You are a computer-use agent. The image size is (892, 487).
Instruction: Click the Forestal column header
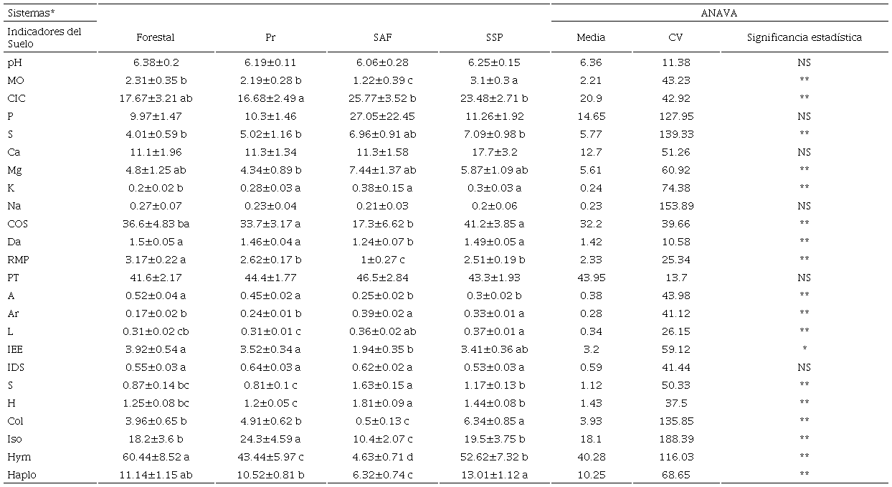156,38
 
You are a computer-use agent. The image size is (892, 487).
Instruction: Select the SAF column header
381,38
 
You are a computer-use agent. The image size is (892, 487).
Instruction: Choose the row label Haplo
20,475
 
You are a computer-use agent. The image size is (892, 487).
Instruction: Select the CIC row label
16,98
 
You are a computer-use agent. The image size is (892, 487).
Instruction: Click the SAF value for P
381,116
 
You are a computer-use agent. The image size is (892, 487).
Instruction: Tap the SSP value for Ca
494,152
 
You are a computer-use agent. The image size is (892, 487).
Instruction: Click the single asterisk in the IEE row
803,350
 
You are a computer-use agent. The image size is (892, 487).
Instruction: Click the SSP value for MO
494,80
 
